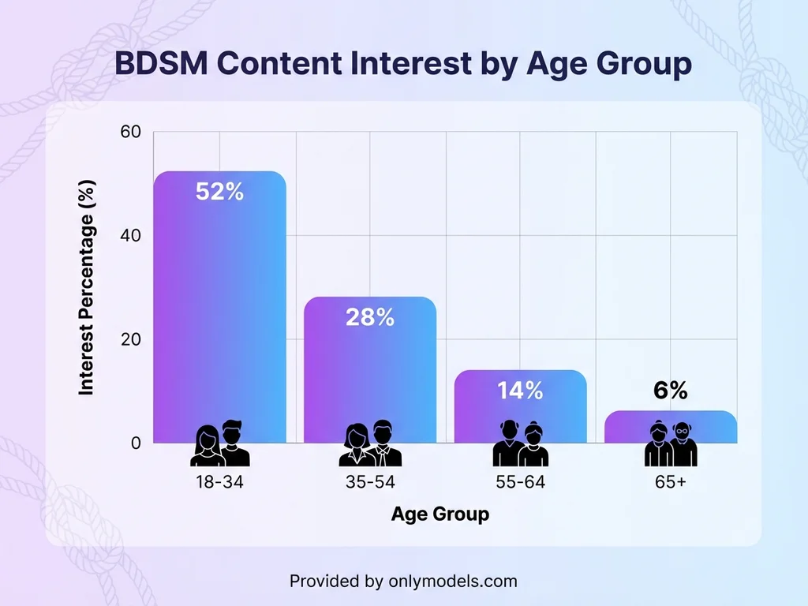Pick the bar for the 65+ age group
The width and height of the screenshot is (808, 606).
point(671,427)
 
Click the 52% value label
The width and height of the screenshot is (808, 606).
point(219,191)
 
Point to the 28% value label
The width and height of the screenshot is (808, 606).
point(370,317)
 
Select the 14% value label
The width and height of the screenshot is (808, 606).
point(520,390)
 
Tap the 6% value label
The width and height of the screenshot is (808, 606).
point(671,390)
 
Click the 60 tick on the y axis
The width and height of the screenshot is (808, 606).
point(130,132)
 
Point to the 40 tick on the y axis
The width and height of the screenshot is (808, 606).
point(130,236)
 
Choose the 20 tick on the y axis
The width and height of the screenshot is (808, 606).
point(130,339)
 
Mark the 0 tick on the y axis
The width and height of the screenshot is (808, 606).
point(136,443)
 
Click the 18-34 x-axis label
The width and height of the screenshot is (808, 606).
point(219,482)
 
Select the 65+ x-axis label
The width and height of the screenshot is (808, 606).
point(671,482)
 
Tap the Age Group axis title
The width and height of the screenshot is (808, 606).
point(440,514)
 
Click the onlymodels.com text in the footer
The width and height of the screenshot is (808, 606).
point(453,582)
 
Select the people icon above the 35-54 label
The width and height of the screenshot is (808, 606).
point(370,444)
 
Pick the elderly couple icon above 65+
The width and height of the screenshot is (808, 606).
point(671,444)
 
